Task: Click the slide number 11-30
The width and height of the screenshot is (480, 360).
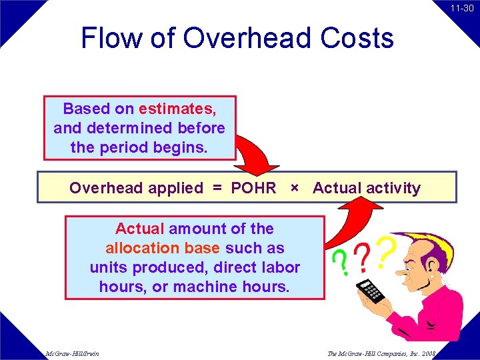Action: coord(461,9)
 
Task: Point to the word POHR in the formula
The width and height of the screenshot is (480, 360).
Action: coord(253,188)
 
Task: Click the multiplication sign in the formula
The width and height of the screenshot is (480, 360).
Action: coord(294,188)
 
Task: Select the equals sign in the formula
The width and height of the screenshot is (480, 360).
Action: coord(217,188)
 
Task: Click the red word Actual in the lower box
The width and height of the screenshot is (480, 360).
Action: coord(139,229)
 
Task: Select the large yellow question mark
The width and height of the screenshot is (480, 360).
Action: coord(385,250)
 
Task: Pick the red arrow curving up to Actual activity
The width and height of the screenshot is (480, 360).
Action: coord(345,217)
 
